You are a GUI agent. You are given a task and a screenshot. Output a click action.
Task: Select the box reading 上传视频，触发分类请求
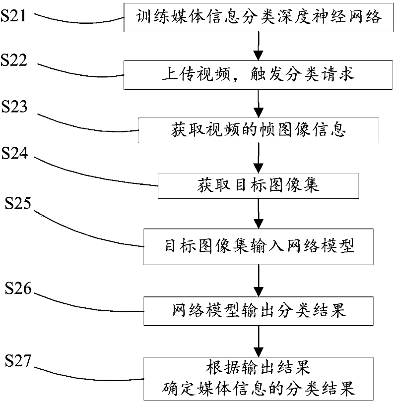(x=257, y=74)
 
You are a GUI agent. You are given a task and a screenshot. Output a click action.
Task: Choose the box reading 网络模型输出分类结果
(x=257, y=311)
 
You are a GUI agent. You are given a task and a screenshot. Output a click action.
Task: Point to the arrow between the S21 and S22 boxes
(x=257, y=47)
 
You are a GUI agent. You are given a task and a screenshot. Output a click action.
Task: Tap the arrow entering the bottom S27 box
(x=257, y=342)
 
